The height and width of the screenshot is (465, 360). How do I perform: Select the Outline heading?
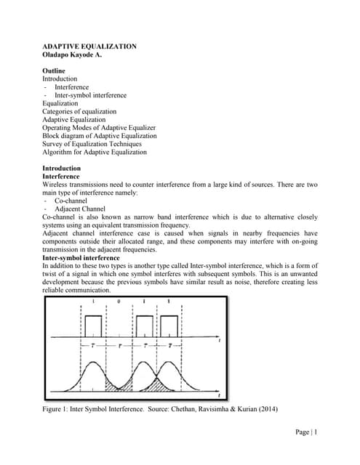coord(55,70)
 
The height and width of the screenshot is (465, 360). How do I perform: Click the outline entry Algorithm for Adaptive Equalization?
coord(95,152)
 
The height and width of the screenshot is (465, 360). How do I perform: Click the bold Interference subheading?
coord(62,177)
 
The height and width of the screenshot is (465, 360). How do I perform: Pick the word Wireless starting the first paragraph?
coord(55,185)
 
